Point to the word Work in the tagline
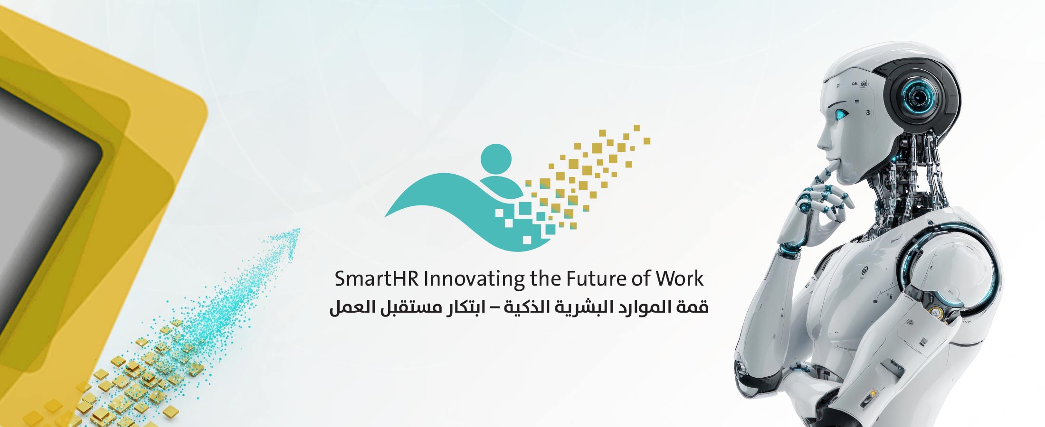680,279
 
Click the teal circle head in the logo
496,159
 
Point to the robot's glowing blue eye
842,114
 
